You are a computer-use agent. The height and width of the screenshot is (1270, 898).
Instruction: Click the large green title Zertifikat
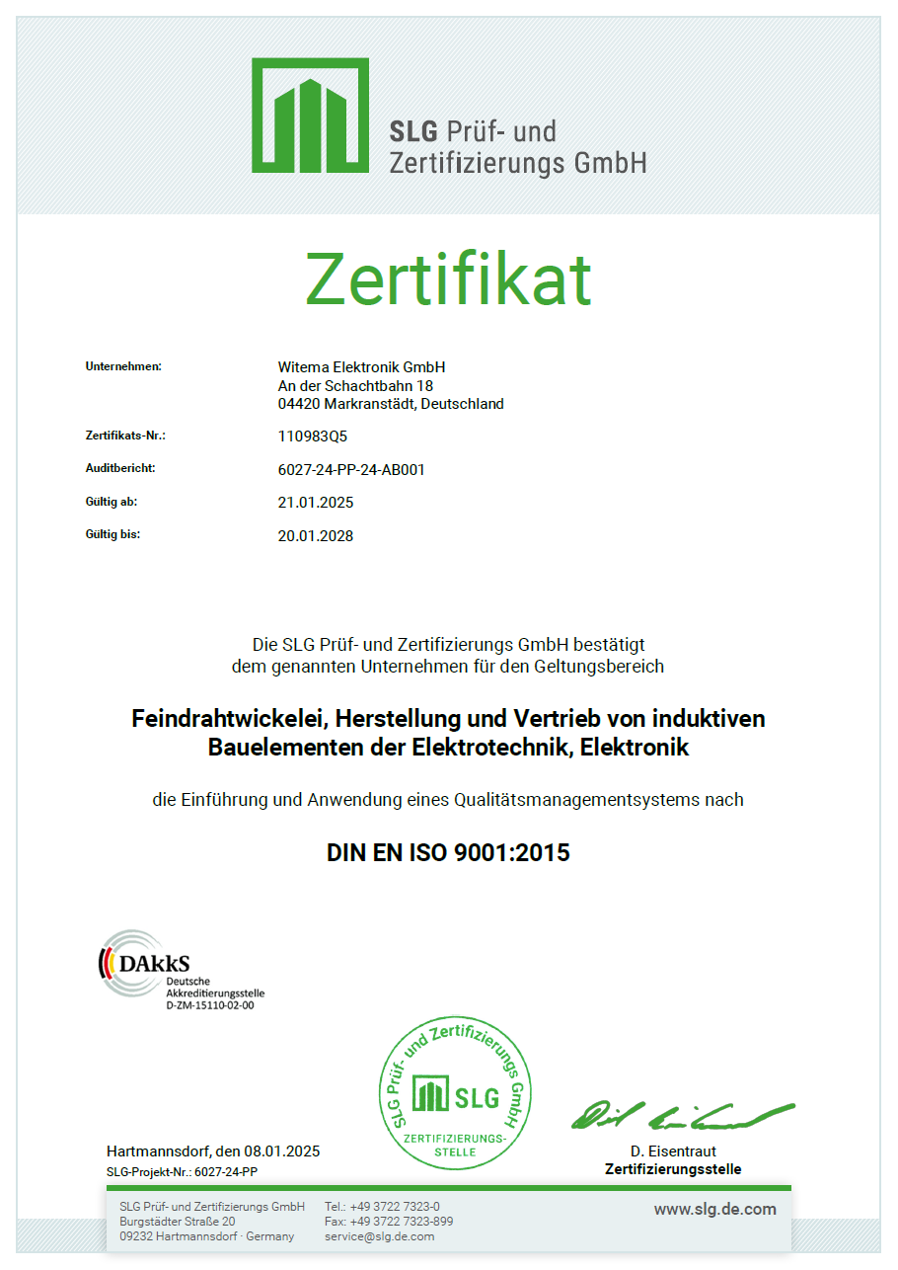tap(448, 279)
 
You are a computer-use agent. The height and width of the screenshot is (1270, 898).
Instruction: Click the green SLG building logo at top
tap(310, 115)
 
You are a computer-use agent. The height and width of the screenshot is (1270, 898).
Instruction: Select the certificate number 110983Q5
tap(313, 436)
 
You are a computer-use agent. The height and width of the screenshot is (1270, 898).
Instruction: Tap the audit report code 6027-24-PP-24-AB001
tap(351, 469)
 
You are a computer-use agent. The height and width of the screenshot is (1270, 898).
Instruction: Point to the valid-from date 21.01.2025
tap(316, 503)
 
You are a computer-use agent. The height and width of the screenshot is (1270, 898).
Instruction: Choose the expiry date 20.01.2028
tap(316, 536)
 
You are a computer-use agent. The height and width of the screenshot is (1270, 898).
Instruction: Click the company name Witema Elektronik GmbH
tap(362, 367)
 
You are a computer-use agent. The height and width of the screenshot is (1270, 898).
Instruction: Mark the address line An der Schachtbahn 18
tap(355, 385)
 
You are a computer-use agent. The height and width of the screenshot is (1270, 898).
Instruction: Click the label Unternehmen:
tap(123, 366)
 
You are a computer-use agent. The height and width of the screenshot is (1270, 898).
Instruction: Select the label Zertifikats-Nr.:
tap(125, 435)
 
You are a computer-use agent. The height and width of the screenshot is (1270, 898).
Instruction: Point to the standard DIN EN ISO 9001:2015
tap(448, 852)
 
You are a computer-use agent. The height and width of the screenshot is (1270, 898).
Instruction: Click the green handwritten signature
tap(681, 1115)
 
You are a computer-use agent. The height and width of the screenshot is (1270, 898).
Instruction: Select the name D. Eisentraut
tap(673, 1151)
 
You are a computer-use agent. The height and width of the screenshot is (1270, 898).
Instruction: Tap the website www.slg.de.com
tap(714, 1209)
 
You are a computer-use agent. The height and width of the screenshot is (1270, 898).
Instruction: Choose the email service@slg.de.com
tap(379, 1236)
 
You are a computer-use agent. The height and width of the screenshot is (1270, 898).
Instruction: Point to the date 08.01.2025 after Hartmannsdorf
tap(282, 1151)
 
